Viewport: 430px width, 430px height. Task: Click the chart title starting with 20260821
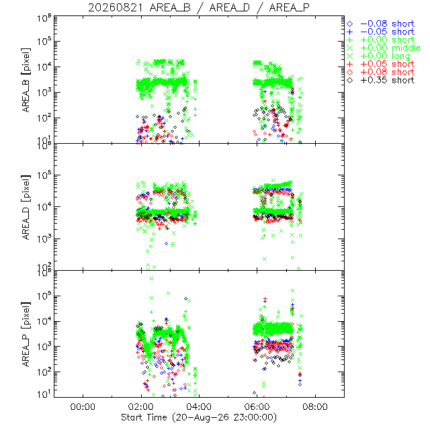[x=199, y=7]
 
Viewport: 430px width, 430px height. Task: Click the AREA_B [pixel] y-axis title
[x=26, y=80]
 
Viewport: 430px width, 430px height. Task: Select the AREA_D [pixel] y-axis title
[x=26, y=207]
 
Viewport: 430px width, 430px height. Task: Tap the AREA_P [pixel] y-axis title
[x=26, y=335]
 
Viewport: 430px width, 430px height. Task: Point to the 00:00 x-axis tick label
[x=83, y=406]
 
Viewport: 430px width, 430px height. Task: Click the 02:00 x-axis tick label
[x=141, y=406]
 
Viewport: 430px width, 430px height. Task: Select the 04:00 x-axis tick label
[x=199, y=406]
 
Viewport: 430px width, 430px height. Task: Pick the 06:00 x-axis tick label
[x=257, y=406]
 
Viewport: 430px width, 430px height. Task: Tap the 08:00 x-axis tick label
[x=315, y=406]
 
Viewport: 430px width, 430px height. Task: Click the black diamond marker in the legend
[x=350, y=81]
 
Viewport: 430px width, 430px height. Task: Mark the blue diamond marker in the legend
[x=350, y=24]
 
